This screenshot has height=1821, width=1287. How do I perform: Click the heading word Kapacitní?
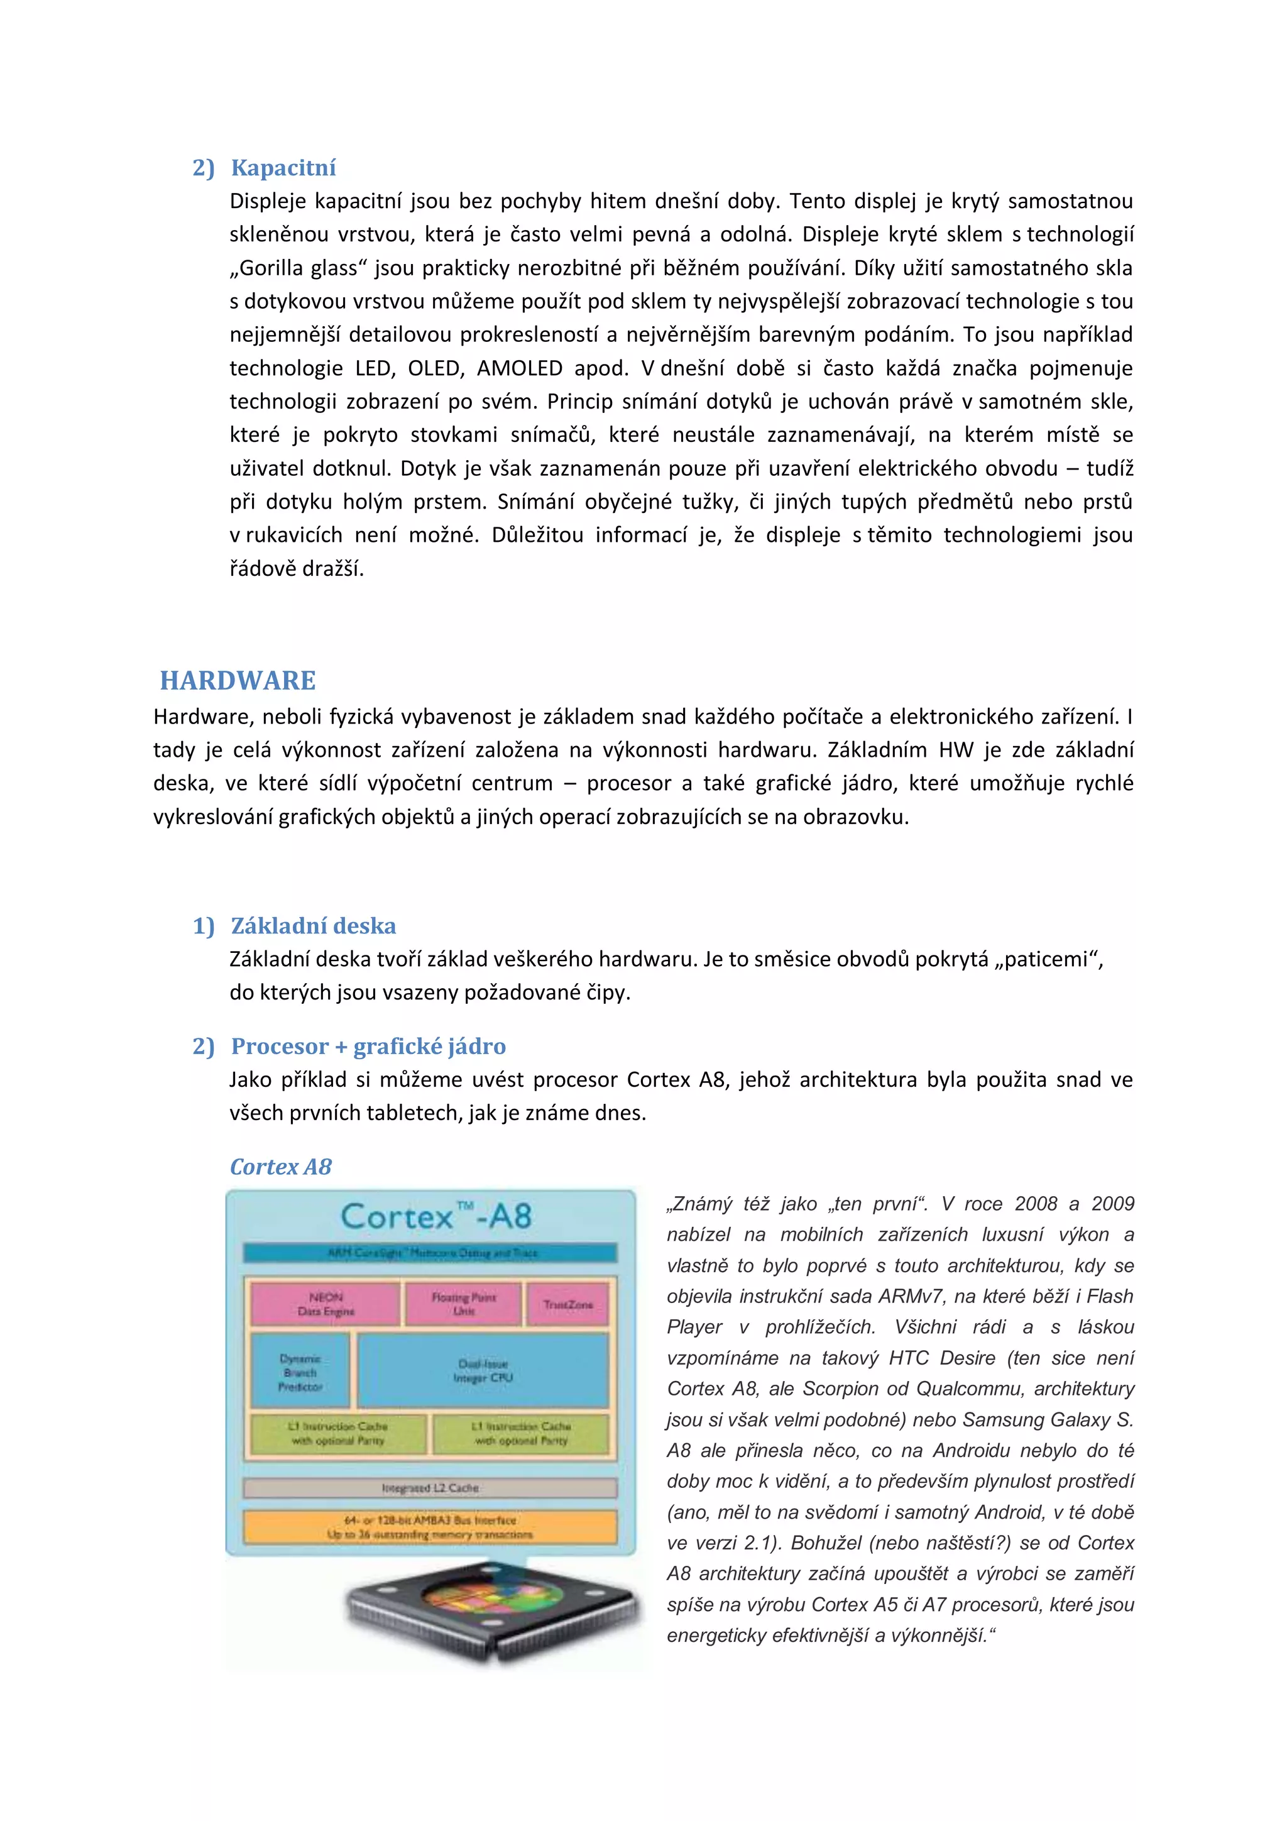(x=283, y=167)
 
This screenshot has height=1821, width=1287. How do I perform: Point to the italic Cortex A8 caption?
(x=281, y=1167)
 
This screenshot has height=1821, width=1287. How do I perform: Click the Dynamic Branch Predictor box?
(x=300, y=1372)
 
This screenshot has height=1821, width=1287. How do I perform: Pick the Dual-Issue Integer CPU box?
(x=483, y=1370)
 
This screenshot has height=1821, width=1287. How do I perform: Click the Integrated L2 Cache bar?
(x=430, y=1488)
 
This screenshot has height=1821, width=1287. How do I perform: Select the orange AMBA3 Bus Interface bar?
(x=430, y=1527)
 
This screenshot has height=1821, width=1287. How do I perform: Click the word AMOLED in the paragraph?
(x=520, y=368)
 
